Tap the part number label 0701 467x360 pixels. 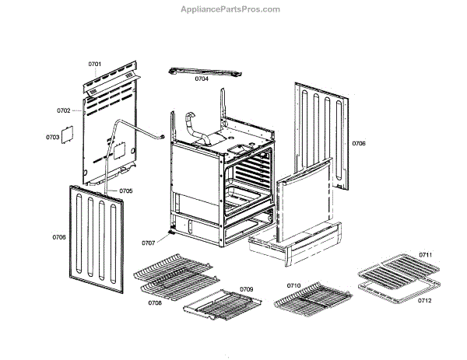[x=95, y=63]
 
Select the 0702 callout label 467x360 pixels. [x=64, y=111]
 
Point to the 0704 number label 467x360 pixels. [x=202, y=79]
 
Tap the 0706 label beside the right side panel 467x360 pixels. [x=359, y=143]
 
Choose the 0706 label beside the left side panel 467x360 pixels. [x=59, y=236]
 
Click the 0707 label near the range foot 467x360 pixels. [x=148, y=243]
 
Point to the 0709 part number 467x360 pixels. [x=247, y=289]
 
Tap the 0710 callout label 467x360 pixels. [x=293, y=286]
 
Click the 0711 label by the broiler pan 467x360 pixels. [x=425, y=255]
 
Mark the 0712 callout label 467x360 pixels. [x=425, y=299]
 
